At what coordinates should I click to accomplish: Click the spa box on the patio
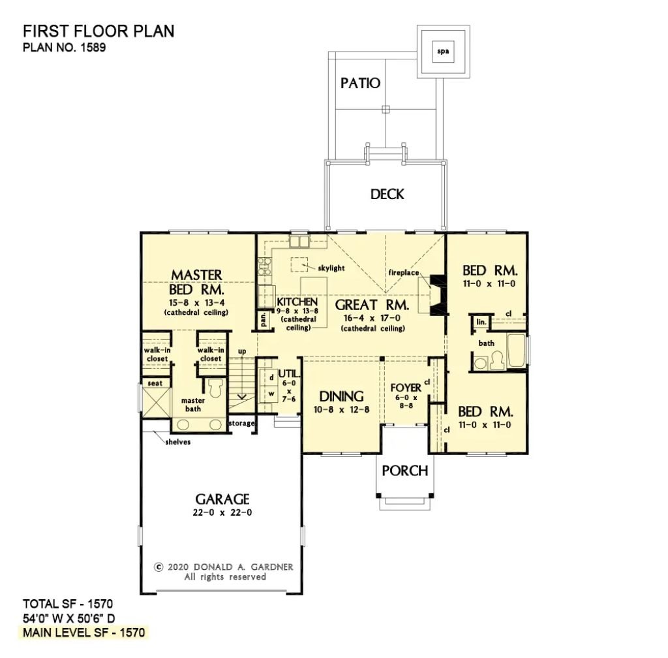click(x=443, y=51)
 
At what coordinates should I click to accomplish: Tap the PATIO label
click(x=360, y=83)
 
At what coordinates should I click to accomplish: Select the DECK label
click(x=387, y=194)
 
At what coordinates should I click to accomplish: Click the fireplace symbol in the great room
click(x=435, y=294)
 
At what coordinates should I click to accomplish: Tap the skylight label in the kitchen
click(x=331, y=268)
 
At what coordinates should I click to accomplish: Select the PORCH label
click(x=404, y=470)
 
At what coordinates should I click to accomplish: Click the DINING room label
click(x=341, y=396)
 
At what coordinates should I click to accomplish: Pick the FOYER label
click(x=406, y=388)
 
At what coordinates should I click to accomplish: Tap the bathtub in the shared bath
click(x=517, y=353)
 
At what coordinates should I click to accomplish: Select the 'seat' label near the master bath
click(x=155, y=383)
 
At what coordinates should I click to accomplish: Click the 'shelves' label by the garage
click(x=178, y=442)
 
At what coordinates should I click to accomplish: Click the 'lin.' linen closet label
click(x=481, y=322)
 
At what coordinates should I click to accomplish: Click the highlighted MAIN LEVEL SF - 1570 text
click(x=85, y=633)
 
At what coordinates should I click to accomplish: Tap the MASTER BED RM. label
click(x=196, y=282)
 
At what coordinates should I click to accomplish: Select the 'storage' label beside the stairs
click(x=241, y=424)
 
